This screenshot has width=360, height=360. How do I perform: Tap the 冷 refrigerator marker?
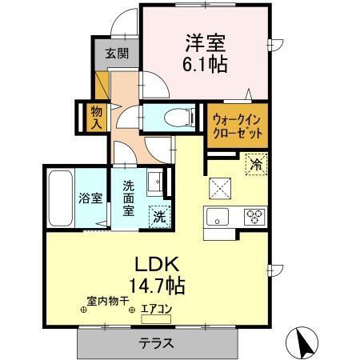(256, 165)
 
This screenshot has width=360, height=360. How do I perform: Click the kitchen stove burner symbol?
(255, 215)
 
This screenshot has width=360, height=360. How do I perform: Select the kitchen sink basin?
(218, 216)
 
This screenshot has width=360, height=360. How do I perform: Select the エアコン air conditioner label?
(156, 307)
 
